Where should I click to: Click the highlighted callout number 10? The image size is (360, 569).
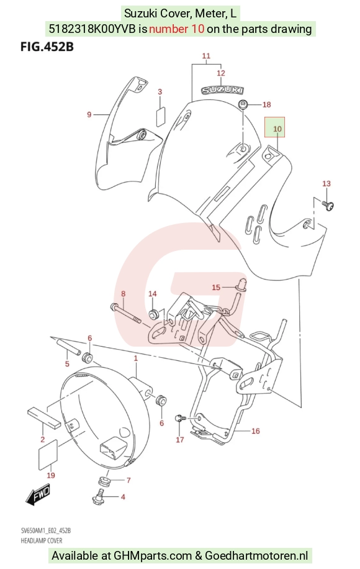click(277, 129)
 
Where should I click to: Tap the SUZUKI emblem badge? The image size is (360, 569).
click(222, 89)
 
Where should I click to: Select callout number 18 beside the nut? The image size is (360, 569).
click(266, 104)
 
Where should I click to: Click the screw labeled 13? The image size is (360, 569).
click(328, 206)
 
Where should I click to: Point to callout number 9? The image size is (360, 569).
click(89, 115)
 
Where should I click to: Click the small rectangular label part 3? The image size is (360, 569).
click(161, 117)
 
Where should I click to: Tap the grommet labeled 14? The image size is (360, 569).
click(154, 313)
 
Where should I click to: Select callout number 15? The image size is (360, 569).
click(216, 288)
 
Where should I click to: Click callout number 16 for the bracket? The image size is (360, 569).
click(256, 430)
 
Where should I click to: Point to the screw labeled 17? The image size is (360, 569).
click(179, 419)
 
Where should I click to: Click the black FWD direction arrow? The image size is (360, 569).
click(38, 494)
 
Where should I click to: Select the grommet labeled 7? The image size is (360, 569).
click(104, 481)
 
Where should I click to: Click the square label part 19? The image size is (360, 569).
click(48, 454)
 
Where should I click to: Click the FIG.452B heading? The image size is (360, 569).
click(47, 47)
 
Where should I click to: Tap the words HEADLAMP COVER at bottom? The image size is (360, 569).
click(42, 540)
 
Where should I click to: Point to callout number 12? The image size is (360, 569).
click(221, 73)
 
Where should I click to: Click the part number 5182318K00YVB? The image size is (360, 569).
click(93, 29)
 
